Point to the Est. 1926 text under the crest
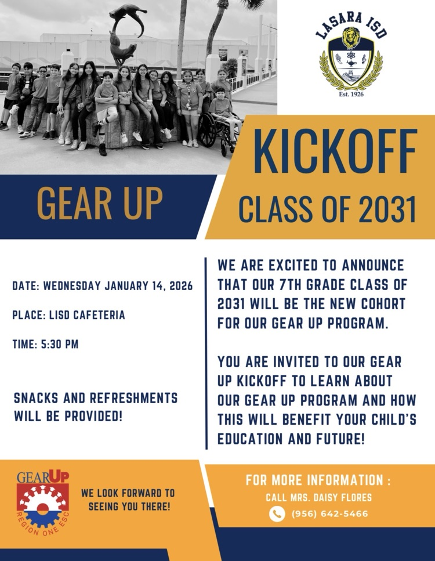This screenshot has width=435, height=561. pos(351,93)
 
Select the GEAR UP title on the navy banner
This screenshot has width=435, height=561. pos(100,204)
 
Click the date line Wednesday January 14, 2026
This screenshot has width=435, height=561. pos(102,286)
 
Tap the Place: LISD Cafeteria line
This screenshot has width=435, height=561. pos(68,315)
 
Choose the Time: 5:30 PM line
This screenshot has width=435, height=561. pos(45,344)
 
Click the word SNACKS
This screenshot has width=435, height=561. pos(42,399)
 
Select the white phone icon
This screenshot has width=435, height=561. pos(277,513)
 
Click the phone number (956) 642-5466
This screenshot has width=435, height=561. pos(329,513)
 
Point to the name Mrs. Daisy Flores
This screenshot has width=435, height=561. pos(318,497)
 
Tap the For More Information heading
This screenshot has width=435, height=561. pos(318,480)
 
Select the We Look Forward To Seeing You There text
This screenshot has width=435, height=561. pos(128,500)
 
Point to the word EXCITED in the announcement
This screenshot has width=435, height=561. pos(296,266)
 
